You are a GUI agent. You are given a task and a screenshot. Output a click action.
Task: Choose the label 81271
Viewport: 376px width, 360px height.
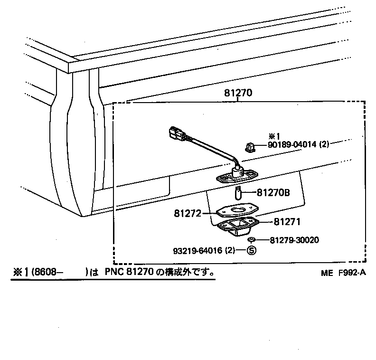point(286,221)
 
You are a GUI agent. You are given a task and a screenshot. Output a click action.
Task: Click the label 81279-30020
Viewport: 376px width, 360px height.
point(294,240)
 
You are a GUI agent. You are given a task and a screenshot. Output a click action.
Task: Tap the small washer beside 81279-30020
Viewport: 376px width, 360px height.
point(253,241)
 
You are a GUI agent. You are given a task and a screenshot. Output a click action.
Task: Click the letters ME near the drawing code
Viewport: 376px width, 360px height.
point(326,273)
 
